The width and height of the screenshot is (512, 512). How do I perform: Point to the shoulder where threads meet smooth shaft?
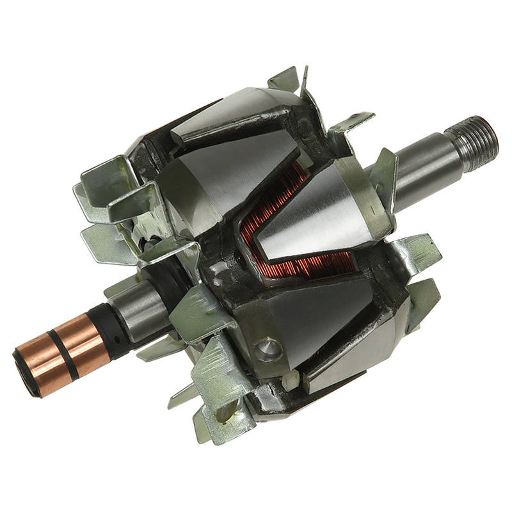coord(458,145)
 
